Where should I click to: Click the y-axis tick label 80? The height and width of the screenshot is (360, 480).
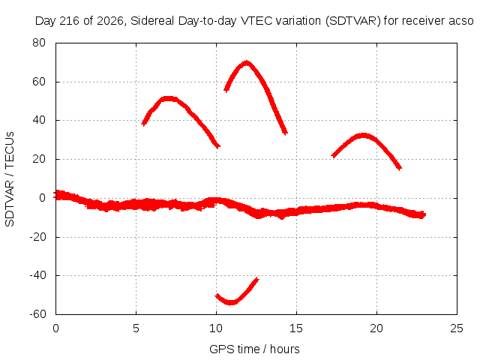pyautogui.click(x=39, y=43)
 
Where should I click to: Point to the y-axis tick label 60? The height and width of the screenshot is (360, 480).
pyautogui.click(x=39, y=82)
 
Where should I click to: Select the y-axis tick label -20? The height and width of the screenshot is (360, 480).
pyautogui.click(x=37, y=237)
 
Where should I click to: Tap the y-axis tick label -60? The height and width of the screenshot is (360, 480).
pyautogui.click(x=37, y=314)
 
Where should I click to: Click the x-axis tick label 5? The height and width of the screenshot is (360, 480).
pyautogui.click(x=136, y=328)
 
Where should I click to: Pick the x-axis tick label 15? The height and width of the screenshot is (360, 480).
pyautogui.click(x=296, y=328)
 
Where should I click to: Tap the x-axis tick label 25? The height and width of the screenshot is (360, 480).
pyautogui.click(x=457, y=328)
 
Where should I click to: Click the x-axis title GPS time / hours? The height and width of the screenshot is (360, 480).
pyautogui.click(x=254, y=349)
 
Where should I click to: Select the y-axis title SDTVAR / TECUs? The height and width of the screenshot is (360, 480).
pyautogui.click(x=10, y=179)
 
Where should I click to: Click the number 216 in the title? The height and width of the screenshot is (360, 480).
pyautogui.click(x=70, y=21)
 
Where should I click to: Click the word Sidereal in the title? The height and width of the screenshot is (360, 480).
pyautogui.click(x=153, y=21)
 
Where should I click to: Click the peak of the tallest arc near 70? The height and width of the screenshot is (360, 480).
pyautogui.click(x=247, y=63)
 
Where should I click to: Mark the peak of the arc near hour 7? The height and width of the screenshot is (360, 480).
pyautogui.click(x=168, y=98)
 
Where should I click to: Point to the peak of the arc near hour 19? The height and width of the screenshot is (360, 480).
pyautogui.click(x=363, y=135)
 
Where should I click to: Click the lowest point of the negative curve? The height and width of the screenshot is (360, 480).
pyautogui.click(x=231, y=303)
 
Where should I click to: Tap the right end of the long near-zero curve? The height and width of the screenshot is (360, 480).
pyautogui.click(x=425, y=214)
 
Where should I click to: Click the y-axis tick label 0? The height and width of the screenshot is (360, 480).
pyautogui.click(x=42, y=198)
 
